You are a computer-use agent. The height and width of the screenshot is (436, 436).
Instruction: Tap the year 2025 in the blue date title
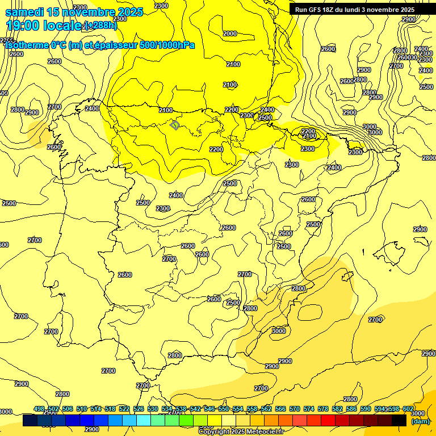point(127,12)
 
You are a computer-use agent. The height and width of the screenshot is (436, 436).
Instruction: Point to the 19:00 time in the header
point(23,25)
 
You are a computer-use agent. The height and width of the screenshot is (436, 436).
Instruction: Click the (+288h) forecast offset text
point(100,25)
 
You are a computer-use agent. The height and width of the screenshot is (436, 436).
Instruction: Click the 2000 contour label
point(230,34)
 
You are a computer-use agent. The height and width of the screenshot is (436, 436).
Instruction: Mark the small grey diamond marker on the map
point(175,125)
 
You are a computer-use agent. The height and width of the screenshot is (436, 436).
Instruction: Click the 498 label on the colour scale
point(39,409)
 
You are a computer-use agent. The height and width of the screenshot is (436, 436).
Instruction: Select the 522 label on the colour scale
point(124,409)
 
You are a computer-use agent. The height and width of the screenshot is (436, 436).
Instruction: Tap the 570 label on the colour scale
point(294,409)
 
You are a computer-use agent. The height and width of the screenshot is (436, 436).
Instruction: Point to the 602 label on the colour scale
point(408,409)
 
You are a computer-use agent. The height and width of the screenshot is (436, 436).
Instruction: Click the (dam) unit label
point(420,421)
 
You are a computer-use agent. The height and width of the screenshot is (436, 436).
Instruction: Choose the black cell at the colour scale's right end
point(399,420)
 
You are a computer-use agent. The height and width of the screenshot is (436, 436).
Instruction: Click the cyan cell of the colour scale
point(144,420)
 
